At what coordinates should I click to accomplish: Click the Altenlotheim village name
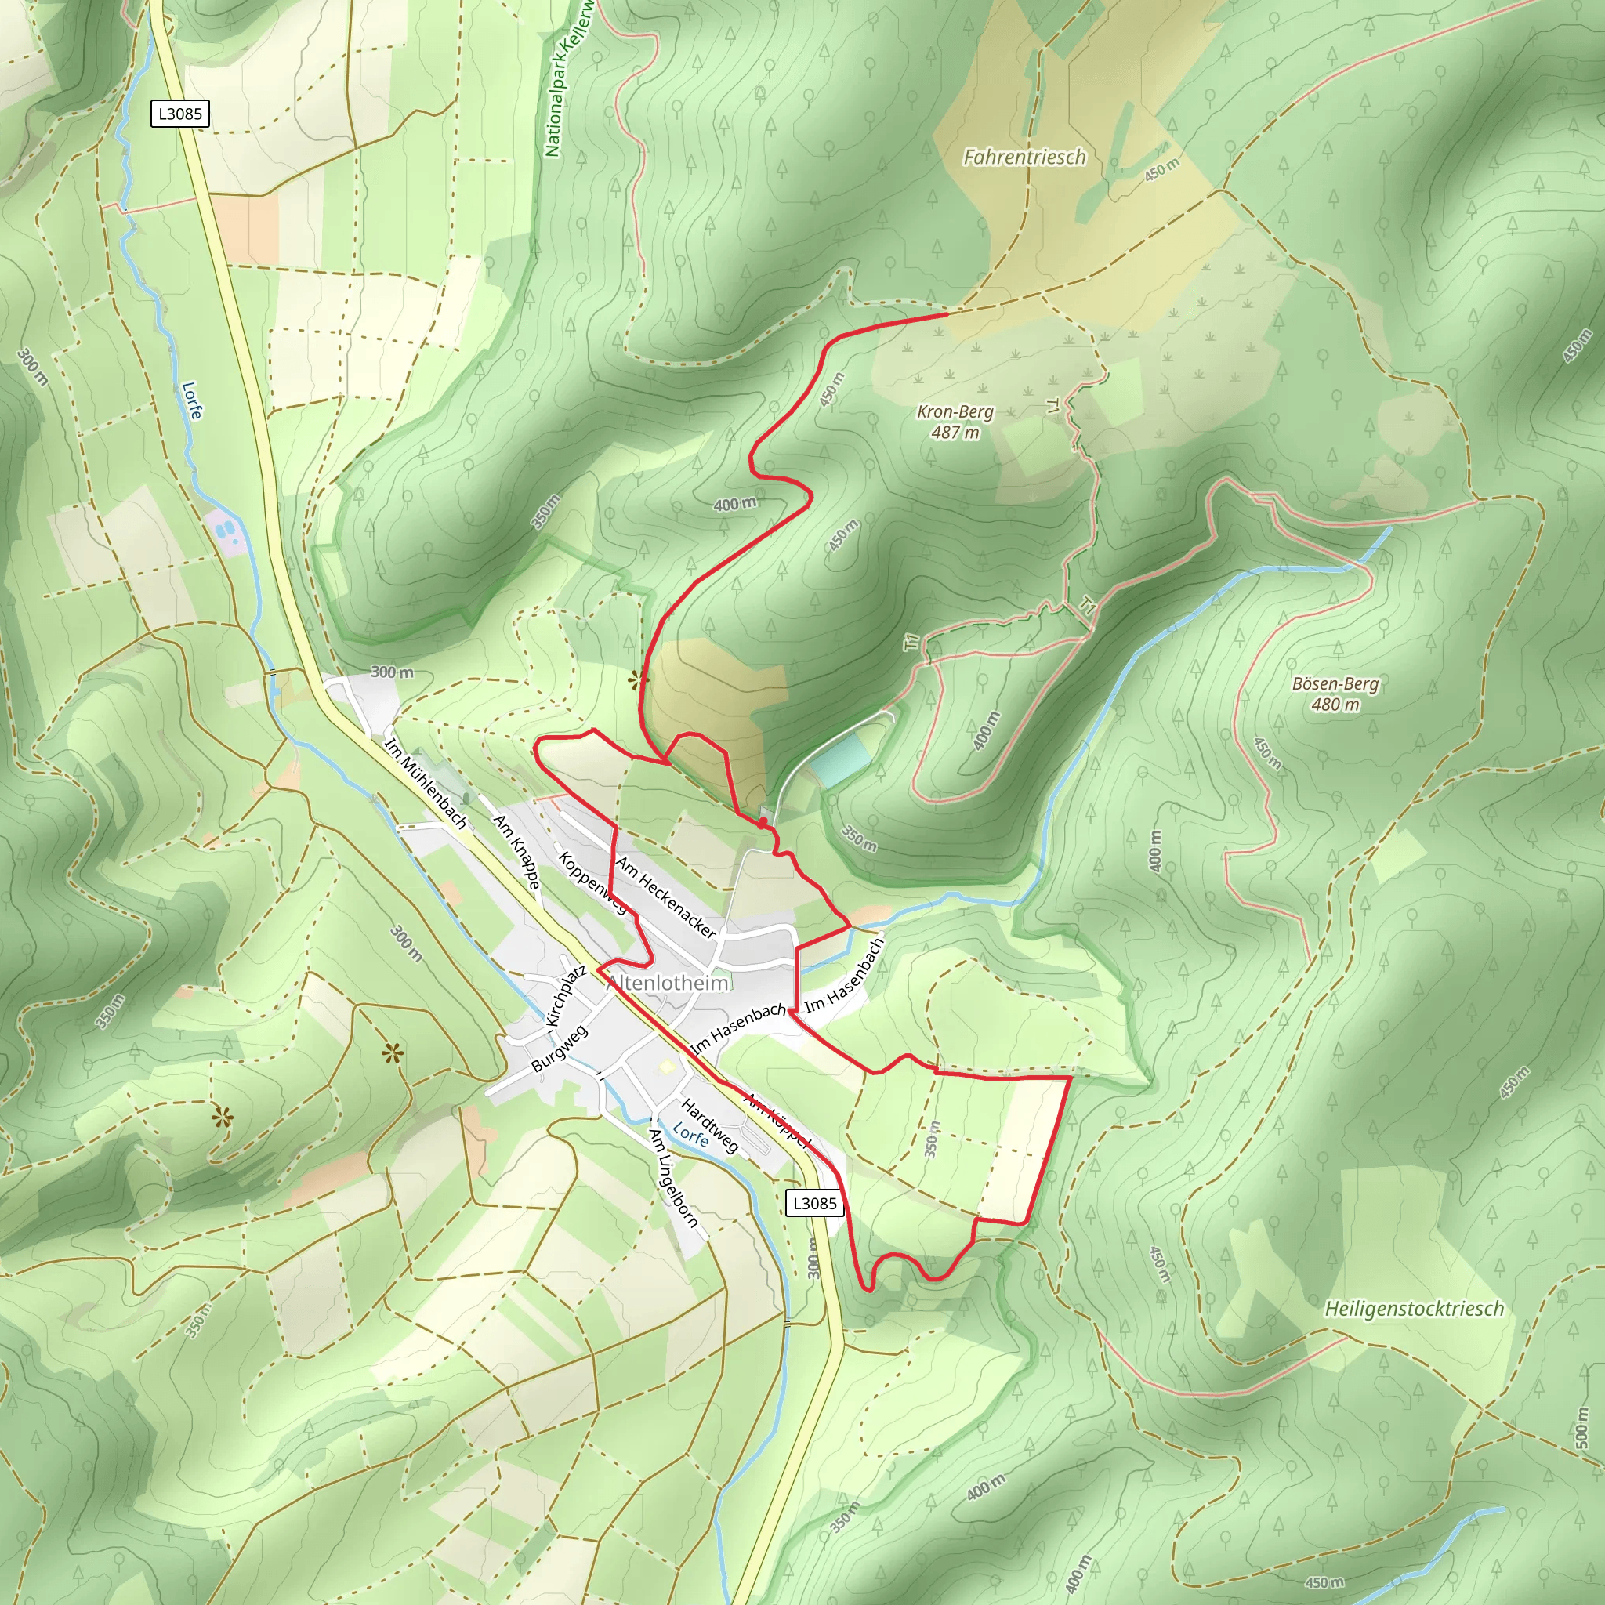(668, 983)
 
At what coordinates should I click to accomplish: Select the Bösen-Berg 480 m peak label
(1335, 694)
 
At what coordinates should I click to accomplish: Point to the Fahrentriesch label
(1024, 157)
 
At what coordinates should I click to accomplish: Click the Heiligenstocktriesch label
(1414, 1310)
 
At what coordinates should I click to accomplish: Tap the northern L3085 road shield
(179, 114)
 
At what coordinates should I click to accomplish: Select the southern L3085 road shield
(814, 1203)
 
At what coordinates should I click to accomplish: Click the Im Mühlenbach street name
(426, 781)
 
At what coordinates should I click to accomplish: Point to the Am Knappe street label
(517, 850)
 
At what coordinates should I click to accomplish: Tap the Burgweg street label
(559, 1049)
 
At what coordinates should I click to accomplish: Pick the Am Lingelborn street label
(674, 1178)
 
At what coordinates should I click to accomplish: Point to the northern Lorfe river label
(191, 400)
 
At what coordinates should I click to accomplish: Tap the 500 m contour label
(1581, 1426)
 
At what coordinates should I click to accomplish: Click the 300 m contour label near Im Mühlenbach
(391, 672)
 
